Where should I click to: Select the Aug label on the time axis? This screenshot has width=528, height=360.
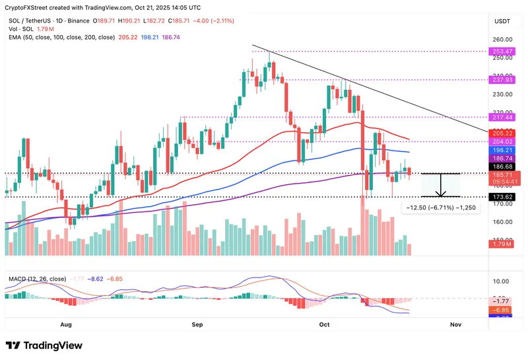coord(65,324)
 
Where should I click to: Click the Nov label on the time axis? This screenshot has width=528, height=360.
coord(455,324)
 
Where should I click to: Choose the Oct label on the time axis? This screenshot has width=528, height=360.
coord(323,324)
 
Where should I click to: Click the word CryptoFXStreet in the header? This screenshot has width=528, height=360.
coord(30,7)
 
